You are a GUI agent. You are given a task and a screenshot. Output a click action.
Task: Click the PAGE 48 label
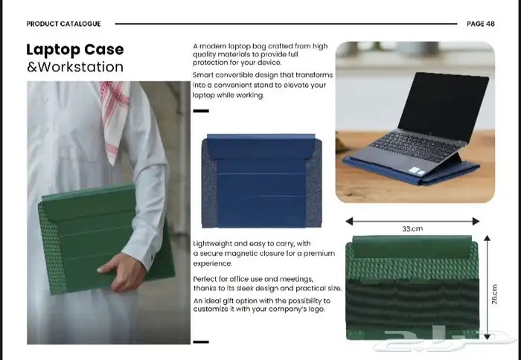[x=481, y=24]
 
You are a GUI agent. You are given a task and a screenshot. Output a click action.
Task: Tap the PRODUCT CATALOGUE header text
[x=63, y=24]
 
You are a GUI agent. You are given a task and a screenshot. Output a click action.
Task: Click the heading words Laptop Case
[x=75, y=50]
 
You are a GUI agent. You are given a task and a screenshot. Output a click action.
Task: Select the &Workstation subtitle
[x=75, y=67]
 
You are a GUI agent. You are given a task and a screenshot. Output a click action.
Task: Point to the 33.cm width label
[x=412, y=229]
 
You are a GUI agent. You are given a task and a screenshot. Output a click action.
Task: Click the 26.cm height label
[x=494, y=294]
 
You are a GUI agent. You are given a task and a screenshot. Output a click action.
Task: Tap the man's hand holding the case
[x=122, y=271]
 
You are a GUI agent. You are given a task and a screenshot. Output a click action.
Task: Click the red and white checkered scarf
[x=115, y=120]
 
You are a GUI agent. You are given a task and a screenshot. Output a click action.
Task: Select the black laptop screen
[x=444, y=105]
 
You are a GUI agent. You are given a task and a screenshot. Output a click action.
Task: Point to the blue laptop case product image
[x=261, y=181]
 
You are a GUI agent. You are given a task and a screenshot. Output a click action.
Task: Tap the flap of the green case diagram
[x=412, y=247]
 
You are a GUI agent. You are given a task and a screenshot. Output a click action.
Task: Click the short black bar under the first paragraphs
[x=201, y=111]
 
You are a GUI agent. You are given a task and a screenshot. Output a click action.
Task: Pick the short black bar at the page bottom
[x=201, y=341]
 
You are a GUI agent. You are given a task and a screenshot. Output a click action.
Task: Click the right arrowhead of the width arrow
[x=476, y=221]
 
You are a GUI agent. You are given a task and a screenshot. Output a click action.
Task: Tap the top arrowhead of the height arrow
[x=487, y=238]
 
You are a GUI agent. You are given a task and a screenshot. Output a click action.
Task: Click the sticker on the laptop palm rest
[x=417, y=171]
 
